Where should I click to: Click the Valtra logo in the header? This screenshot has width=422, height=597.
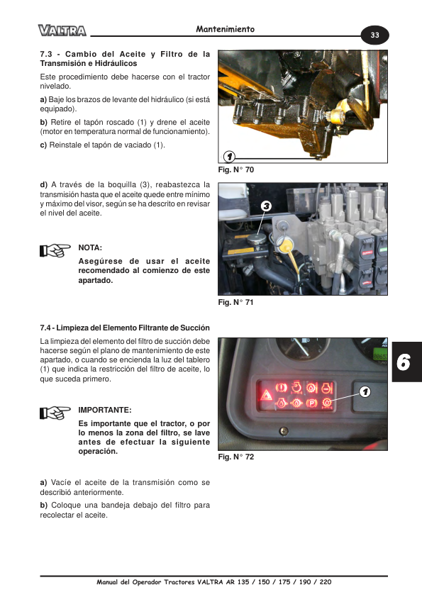tap(62, 30)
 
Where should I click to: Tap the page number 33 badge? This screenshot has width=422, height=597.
tap(374, 35)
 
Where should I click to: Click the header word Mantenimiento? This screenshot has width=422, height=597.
tap(225, 29)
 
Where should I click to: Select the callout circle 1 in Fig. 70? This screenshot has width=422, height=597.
tap(229, 156)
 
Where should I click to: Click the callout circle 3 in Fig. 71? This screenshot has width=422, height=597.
tap(266, 206)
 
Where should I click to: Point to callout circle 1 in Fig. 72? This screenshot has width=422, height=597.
tap(365, 391)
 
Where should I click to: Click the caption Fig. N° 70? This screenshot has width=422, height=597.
tap(235, 169)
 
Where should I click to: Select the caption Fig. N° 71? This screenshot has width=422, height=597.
tap(235, 302)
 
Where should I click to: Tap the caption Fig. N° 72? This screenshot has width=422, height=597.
tap(235, 457)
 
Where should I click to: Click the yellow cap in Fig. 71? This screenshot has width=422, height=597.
tap(284, 245)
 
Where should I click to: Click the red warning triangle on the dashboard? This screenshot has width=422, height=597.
tap(266, 395)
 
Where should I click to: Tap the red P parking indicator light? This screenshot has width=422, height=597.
tap(311, 403)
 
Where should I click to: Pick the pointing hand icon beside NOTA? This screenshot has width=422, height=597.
tap(55, 250)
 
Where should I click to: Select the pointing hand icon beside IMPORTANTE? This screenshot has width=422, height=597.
tap(55, 413)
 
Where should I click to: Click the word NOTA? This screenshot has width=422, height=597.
tap(90, 248)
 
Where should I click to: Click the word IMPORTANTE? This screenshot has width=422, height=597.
tap(105, 410)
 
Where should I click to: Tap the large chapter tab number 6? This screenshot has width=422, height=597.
tap(404, 362)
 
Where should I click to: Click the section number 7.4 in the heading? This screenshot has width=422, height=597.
tap(45, 328)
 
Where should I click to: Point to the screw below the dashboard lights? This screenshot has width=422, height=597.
tap(284, 431)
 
